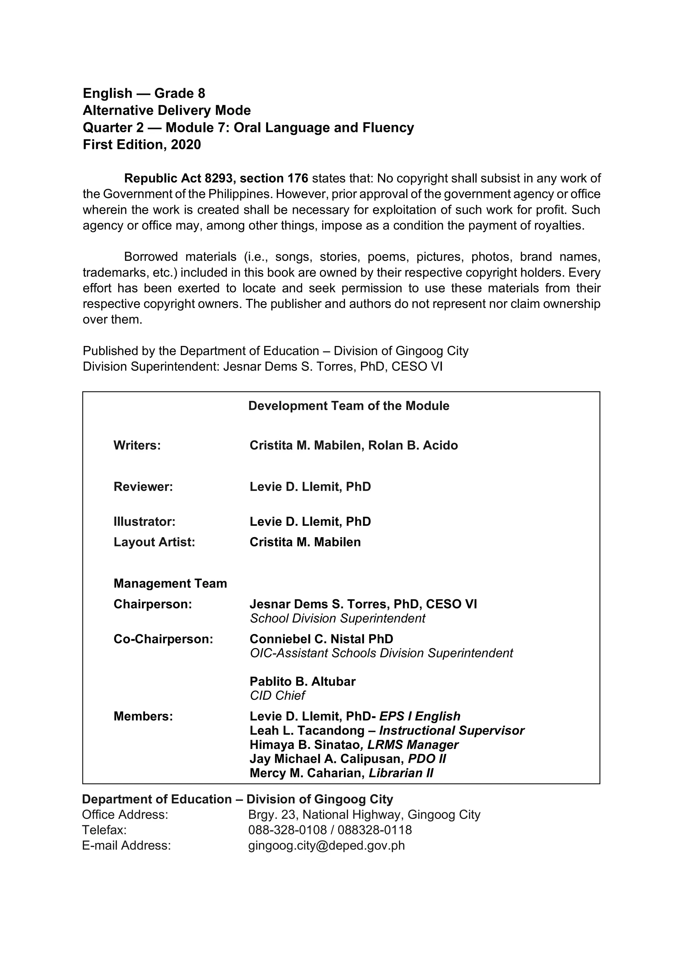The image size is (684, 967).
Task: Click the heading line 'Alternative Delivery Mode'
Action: [x=166, y=110]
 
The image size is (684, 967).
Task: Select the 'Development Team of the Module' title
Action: [x=348, y=406]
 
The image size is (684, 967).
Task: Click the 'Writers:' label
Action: [x=137, y=446]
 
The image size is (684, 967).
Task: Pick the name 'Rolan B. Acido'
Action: [x=413, y=446]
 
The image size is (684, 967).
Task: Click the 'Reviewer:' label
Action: [x=143, y=487]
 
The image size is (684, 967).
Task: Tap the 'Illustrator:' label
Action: [x=144, y=522]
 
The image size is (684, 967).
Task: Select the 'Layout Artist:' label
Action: [x=154, y=542]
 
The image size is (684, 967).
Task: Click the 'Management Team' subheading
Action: [x=170, y=583]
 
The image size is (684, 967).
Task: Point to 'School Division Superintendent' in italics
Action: [x=337, y=618]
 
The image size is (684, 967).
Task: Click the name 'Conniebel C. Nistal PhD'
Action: [x=321, y=639]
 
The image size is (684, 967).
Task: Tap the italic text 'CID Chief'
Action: [x=277, y=695]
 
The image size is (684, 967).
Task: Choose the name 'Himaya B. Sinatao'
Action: [x=304, y=745]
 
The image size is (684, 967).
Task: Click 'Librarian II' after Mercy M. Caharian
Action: [x=400, y=773]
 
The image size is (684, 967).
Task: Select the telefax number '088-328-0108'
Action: [x=287, y=830]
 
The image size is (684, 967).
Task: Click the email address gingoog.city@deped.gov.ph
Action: [x=326, y=846]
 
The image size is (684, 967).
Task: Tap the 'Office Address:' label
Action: [x=125, y=815]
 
